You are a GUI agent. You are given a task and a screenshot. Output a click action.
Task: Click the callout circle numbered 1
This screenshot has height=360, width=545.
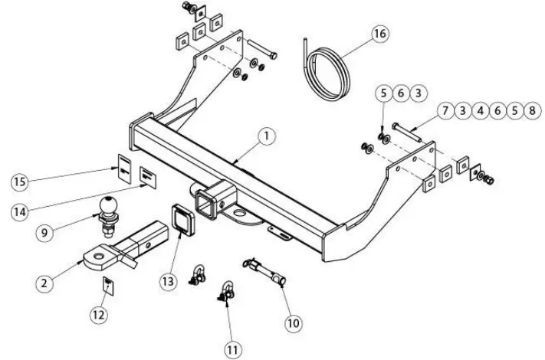pyautogui.click(x=264, y=136)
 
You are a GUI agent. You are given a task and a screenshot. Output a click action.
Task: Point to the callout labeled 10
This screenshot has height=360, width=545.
pyautogui.click(x=294, y=323)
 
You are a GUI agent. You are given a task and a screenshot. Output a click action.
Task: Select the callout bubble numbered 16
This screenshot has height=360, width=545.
pyautogui.click(x=379, y=34)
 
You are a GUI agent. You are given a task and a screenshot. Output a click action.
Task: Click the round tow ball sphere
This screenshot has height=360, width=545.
pyautogui.click(x=107, y=205)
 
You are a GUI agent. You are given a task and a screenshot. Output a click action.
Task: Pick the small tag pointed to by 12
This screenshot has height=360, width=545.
pyautogui.click(x=108, y=286)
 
